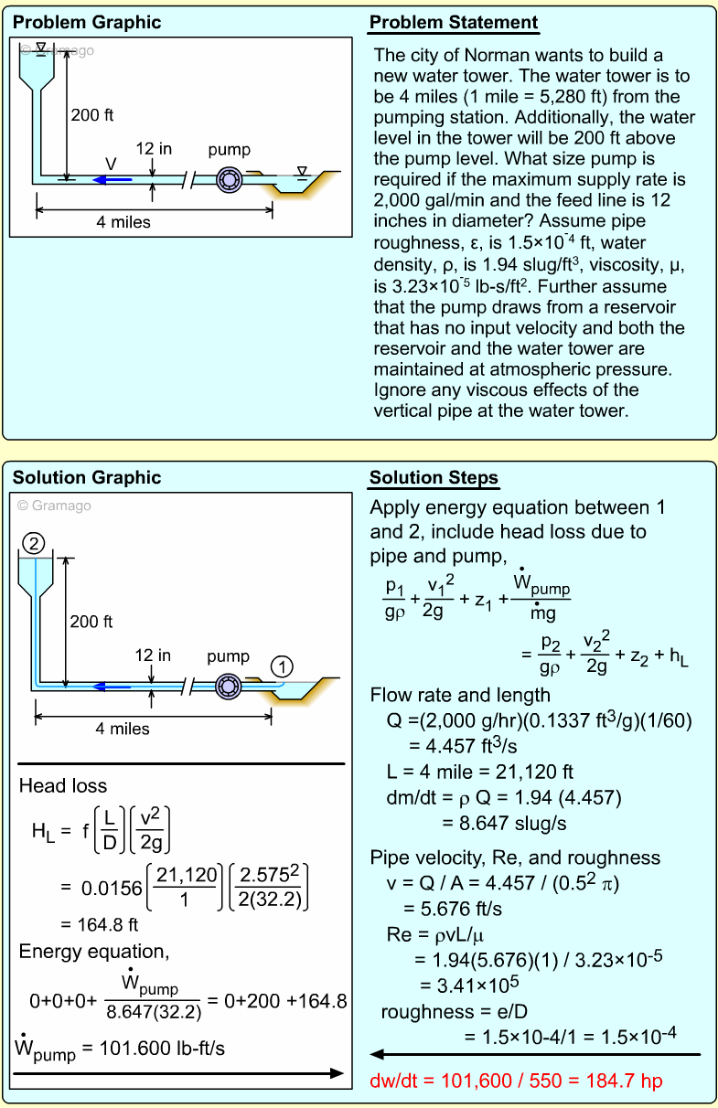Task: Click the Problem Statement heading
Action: click(453, 23)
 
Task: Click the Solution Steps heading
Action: click(434, 478)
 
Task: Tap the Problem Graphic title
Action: click(86, 23)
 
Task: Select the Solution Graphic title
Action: click(86, 478)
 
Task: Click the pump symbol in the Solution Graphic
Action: click(228, 686)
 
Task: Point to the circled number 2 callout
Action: click(34, 544)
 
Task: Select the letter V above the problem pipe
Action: click(111, 163)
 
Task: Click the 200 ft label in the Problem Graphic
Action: click(91, 115)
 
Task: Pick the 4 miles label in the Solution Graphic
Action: click(123, 729)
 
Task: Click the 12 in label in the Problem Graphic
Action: click(154, 148)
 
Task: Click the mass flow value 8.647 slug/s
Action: click(504, 823)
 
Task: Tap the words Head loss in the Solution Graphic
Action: click(63, 785)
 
